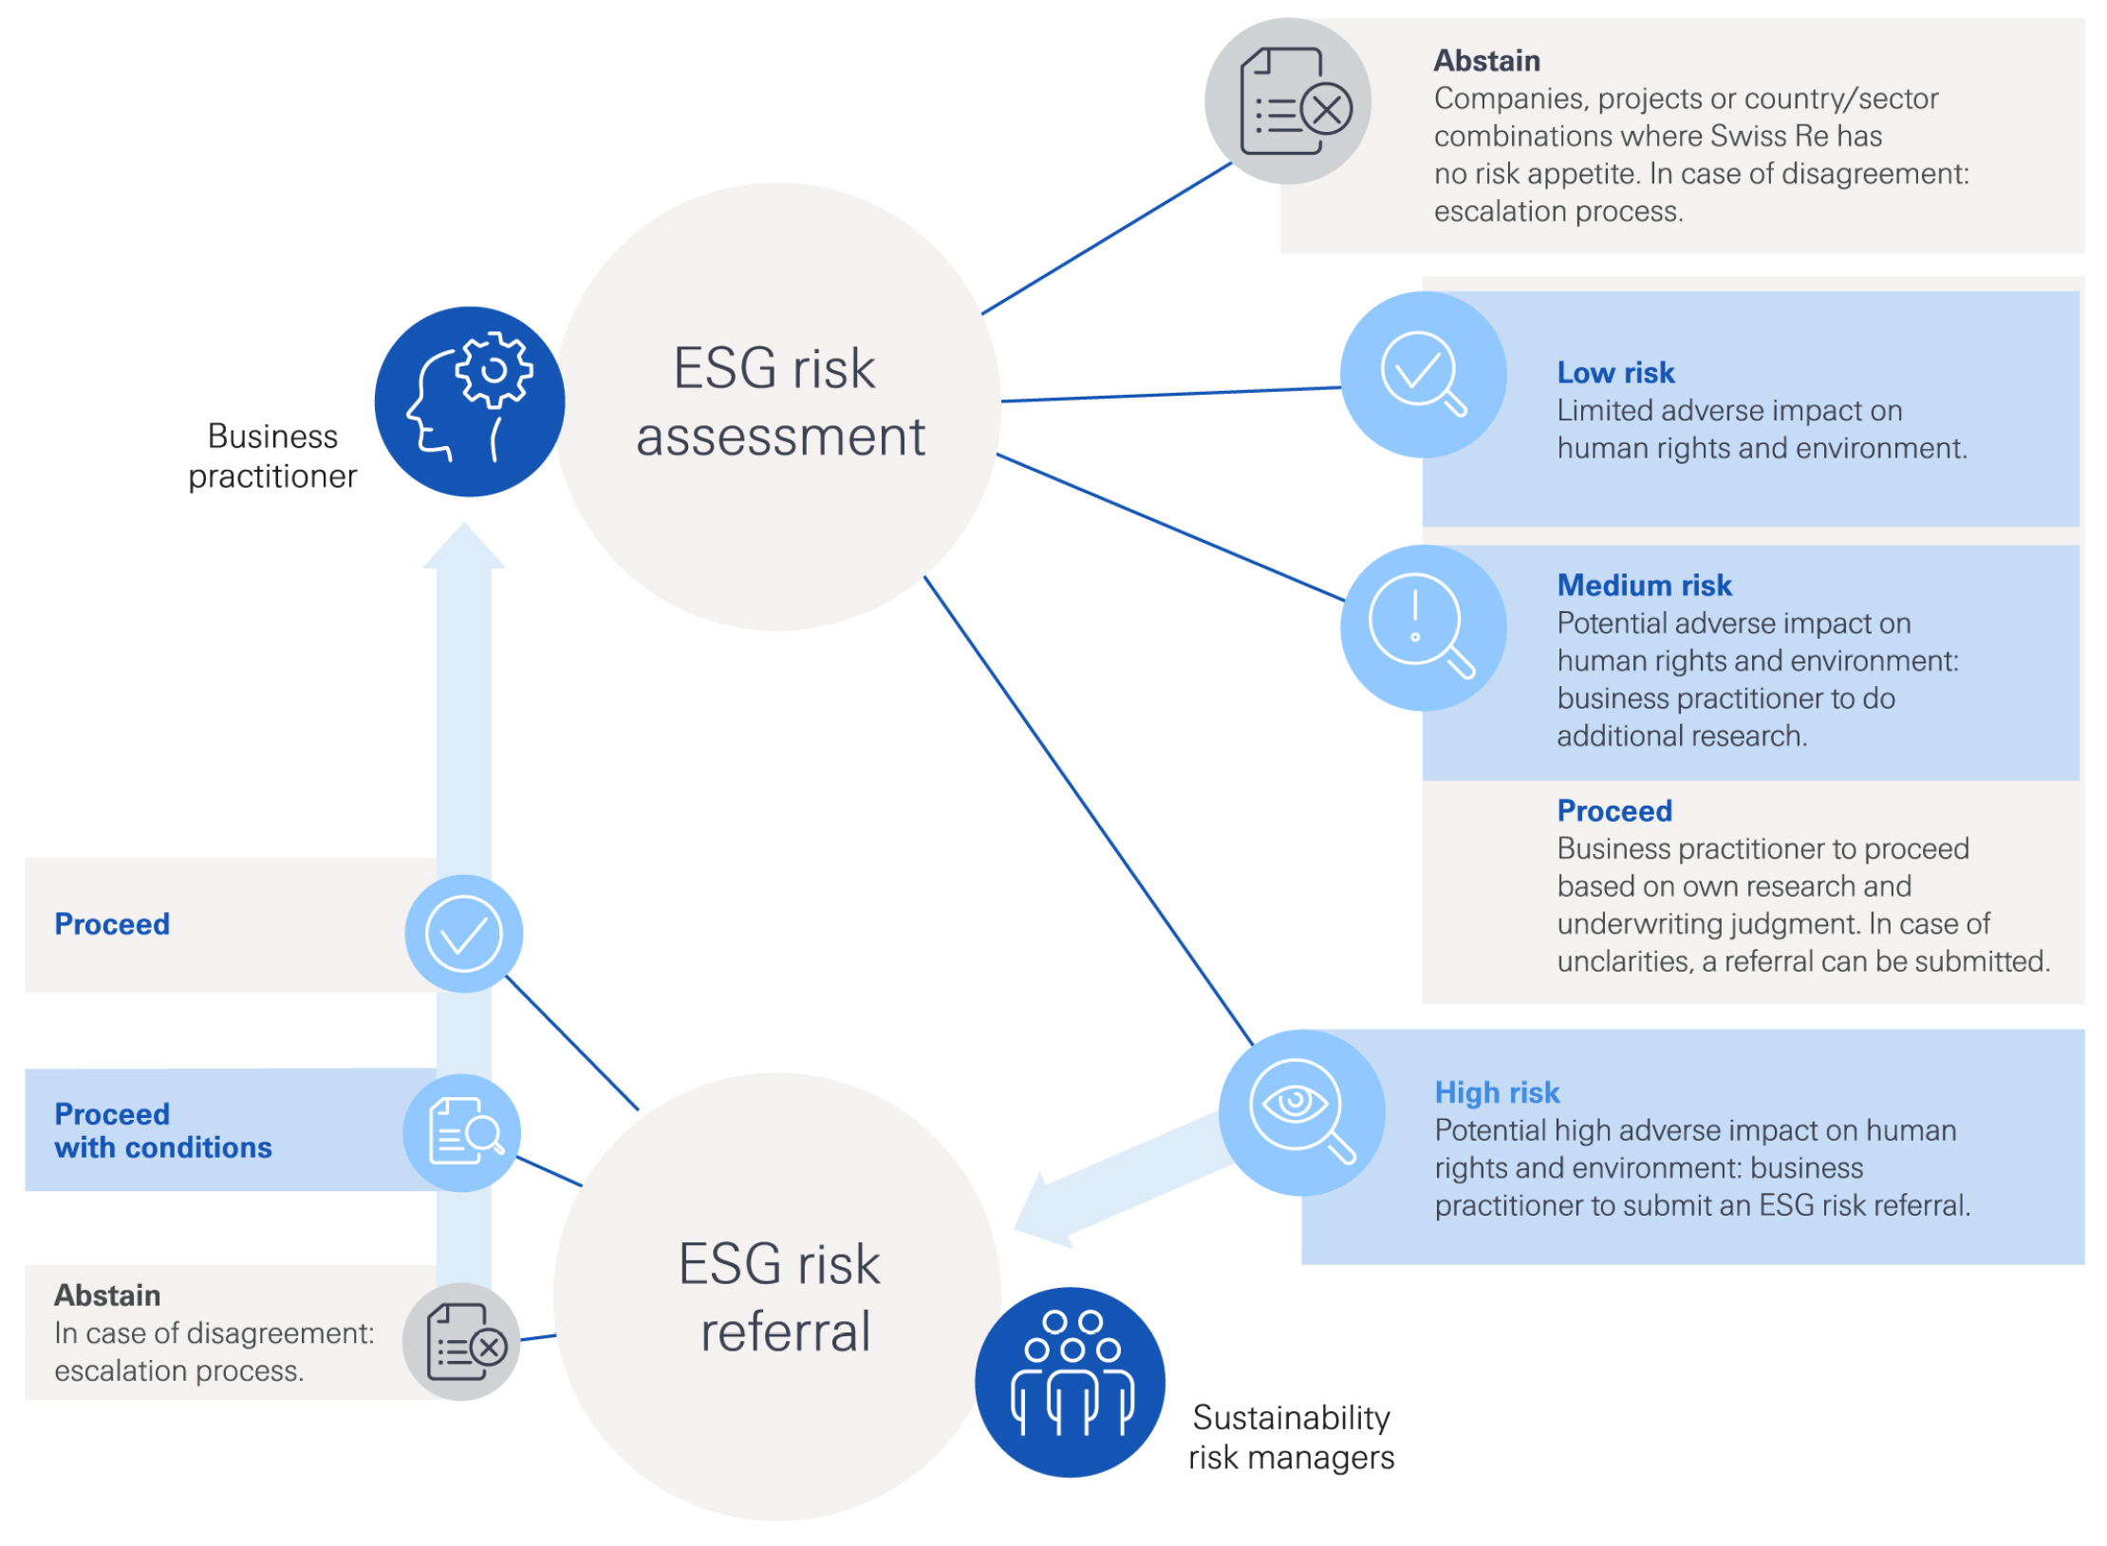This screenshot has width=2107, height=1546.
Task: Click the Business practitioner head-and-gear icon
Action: click(x=469, y=400)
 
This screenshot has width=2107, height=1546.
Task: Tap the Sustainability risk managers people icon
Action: click(x=1069, y=1381)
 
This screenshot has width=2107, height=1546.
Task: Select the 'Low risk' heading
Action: click(x=1614, y=372)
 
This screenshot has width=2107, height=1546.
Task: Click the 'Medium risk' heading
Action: click(x=1643, y=585)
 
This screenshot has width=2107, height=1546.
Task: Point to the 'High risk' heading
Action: click(x=1496, y=1091)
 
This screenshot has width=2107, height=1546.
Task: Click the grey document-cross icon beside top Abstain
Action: click(x=1286, y=102)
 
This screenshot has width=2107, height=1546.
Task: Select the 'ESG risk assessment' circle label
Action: click(x=778, y=401)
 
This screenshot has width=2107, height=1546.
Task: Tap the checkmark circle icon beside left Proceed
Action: click(x=463, y=933)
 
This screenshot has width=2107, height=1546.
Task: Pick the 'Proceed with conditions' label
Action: click(x=162, y=1129)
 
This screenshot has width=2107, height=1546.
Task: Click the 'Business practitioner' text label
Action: click(x=272, y=456)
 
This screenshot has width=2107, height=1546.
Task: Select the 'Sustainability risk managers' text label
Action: click(x=1290, y=1436)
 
